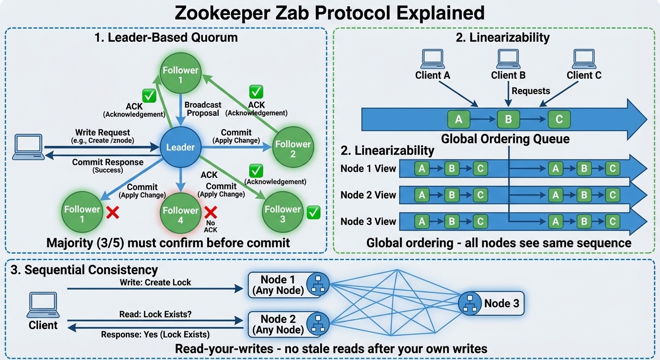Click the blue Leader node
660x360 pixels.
click(180, 147)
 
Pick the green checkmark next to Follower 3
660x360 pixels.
click(313, 213)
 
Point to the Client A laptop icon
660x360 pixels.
click(432, 59)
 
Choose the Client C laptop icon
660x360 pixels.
click(584, 59)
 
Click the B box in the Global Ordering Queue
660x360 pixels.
click(508, 120)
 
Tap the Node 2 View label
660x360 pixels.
click(368, 195)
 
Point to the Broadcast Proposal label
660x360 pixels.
click(202, 109)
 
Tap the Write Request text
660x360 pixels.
click(103, 133)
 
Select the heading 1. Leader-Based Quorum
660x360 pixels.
click(165, 37)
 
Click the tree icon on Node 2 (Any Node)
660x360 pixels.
click(318, 323)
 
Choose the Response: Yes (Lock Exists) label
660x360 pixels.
click(156, 335)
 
